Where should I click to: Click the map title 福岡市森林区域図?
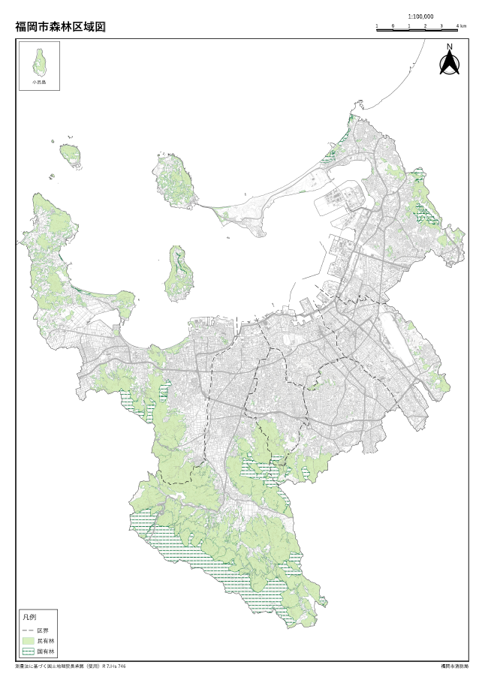[x=60, y=26]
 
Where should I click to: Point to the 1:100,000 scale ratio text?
[x=420, y=16]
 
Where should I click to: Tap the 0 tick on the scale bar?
[x=393, y=26]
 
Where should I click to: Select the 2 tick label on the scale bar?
[x=425, y=26]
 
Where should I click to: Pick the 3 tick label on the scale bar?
[x=441, y=26]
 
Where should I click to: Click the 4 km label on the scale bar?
[x=461, y=26]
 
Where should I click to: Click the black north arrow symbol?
[x=450, y=64]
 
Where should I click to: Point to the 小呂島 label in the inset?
[x=39, y=81]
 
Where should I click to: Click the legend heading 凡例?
[x=29, y=616]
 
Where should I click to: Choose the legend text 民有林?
[x=45, y=641]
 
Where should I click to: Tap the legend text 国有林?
[x=45, y=652]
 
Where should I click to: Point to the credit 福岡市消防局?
[x=454, y=666]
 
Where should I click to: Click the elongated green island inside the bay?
[x=177, y=272]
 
